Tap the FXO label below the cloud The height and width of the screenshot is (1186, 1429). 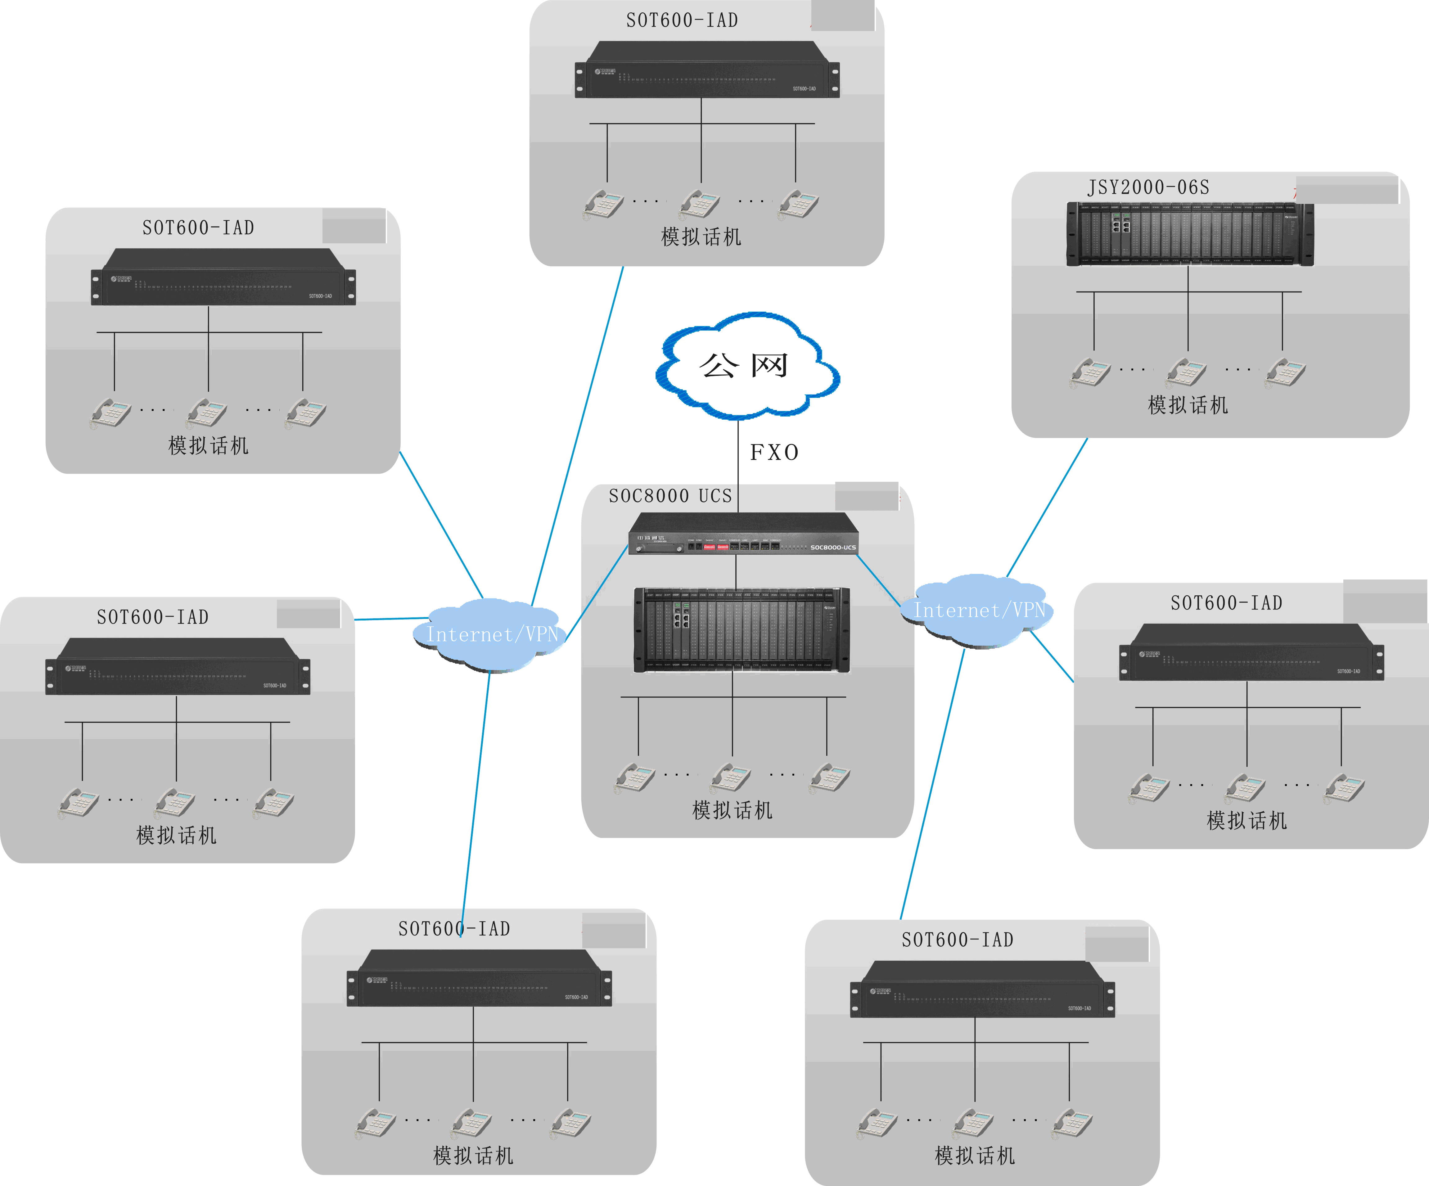pyautogui.click(x=774, y=453)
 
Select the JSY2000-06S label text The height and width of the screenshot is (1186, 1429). pyautogui.click(x=1148, y=187)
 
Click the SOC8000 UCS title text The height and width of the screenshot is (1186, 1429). pyautogui.click(x=670, y=496)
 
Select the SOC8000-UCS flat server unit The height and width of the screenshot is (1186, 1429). pyautogui.click(x=743, y=534)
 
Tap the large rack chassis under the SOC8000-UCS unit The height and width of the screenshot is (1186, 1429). pyautogui.click(x=742, y=629)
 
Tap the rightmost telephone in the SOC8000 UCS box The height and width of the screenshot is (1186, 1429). pyautogui.click(x=830, y=777)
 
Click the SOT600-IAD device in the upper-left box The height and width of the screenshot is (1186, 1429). pyautogui.click(x=223, y=277)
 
